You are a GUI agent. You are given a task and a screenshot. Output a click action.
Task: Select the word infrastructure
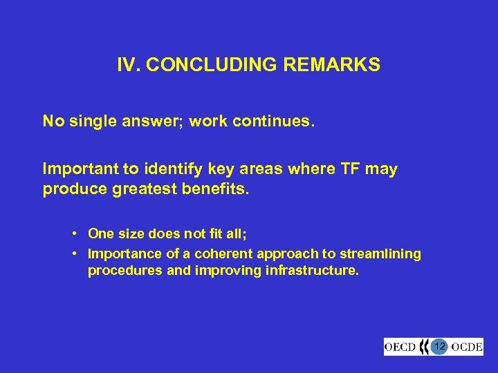312,271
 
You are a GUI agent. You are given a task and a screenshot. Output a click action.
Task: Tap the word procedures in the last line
125,271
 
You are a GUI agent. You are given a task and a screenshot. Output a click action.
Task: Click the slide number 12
439,345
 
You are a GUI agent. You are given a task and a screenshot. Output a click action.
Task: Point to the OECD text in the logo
402,346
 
